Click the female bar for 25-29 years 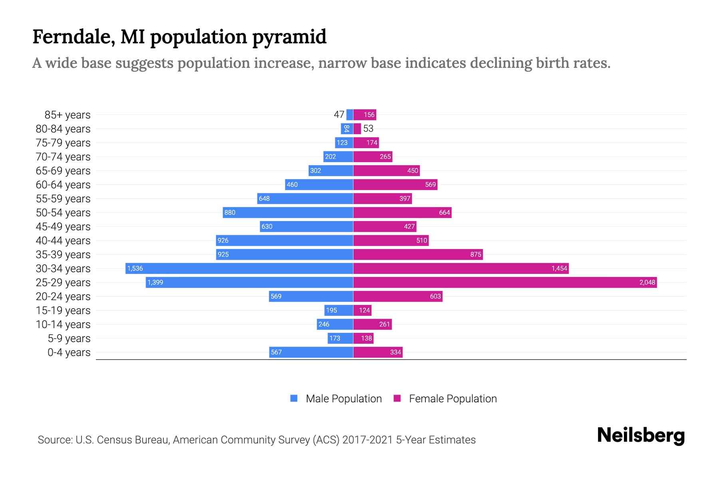pos(505,283)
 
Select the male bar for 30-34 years pos(239,269)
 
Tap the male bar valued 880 pos(288,213)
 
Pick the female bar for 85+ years pos(365,115)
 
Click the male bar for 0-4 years pos(311,352)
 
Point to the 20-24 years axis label pos(63,297)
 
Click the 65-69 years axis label pos(63,171)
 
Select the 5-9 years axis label pos(69,338)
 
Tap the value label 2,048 pos(647,283)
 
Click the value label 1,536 pos(135,269)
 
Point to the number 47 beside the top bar pos(339,115)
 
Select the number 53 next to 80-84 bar pos(368,129)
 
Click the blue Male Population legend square pos(294,398)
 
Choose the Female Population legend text pos(453,399)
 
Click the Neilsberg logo pos(641,435)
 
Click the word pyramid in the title pos(289,37)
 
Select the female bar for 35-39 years pos(418,255)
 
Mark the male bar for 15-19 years pos(339,311)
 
